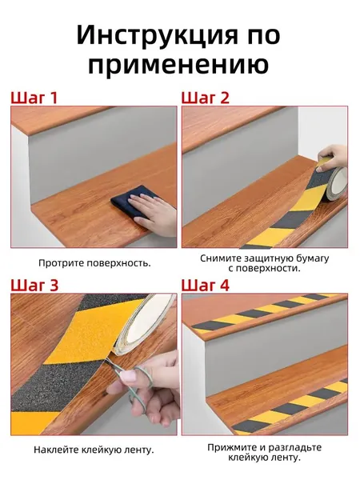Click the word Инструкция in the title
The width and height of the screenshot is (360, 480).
(157, 34)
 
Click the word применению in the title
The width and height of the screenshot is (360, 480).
(178, 65)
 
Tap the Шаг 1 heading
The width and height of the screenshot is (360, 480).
(34, 98)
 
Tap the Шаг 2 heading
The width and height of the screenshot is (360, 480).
(205, 98)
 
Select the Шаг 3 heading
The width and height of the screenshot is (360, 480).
(34, 285)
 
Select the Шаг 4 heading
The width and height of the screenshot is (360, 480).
(205, 285)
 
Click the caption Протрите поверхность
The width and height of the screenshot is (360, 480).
(94, 263)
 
